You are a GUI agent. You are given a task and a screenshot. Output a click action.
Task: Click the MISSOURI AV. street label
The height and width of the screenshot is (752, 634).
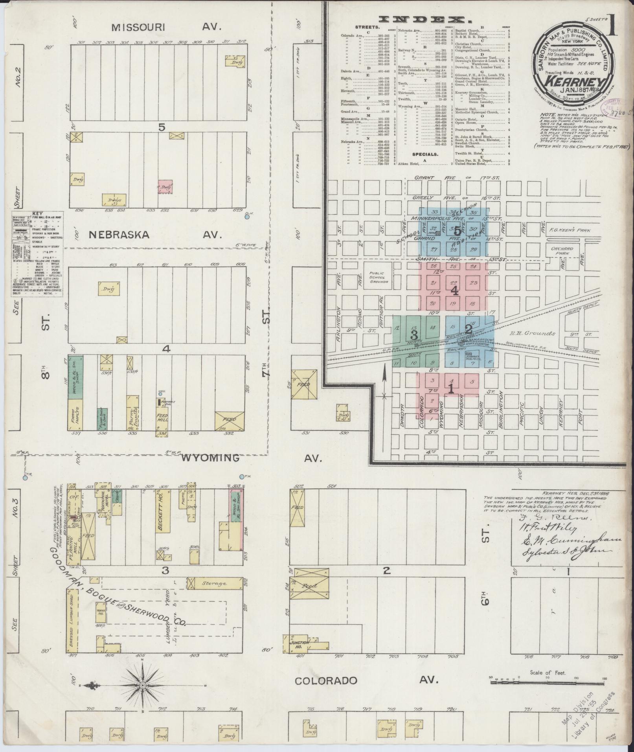(x=167, y=27)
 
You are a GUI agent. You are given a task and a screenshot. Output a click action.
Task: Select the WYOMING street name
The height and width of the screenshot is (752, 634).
(x=211, y=458)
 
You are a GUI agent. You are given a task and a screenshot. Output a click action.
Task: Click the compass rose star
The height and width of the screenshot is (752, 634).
(x=143, y=686)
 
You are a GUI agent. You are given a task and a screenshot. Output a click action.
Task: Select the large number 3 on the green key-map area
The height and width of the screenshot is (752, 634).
(x=414, y=335)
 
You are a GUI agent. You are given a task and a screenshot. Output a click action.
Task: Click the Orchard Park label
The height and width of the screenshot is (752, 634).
(x=562, y=251)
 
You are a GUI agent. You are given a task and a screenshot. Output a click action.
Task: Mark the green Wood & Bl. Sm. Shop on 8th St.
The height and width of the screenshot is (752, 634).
(x=75, y=377)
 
